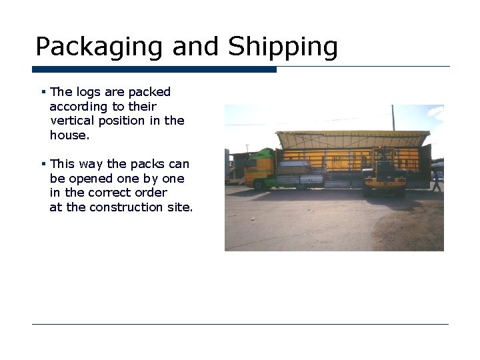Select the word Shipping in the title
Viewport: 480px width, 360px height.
(283, 47)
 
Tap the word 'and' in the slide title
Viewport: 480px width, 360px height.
(197, 47)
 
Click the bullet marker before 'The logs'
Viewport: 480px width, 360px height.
(42, 92)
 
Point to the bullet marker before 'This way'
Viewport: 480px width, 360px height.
(42, 164)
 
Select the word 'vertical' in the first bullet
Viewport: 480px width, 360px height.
(72, 121)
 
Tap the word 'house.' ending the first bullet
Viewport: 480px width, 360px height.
(69, 135)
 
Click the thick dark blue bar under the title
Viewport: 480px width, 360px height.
(154, 69)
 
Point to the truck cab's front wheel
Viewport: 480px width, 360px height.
(258, 185)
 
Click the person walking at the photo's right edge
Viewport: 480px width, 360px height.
(437, 180)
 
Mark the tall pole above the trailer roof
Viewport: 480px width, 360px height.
(393, 117)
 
